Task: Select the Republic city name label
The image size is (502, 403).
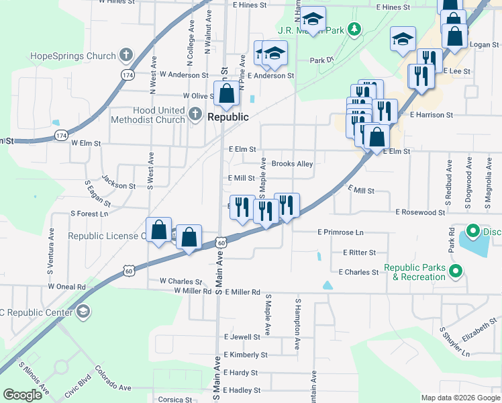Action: pyautogui.click(x=228, y=116)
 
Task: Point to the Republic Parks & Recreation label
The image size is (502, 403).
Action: pyautogui.click(x=415, y=272)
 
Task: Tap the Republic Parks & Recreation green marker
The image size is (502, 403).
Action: pyautogui.click(x=456, y=272)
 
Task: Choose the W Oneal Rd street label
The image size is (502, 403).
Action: pyautogui.click(x=67, y=286)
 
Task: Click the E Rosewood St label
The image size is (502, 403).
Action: pyautogui.click(x=420, y=212)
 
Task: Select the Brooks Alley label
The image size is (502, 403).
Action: pyautogui.click(x=292, y=164)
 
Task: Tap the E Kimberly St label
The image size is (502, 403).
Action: pyautogui.click(x=246, y=354)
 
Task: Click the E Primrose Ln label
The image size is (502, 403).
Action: pyautogui.click(x=340, y=232)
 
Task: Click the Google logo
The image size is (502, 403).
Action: pyautogui.click(x=22, y=395)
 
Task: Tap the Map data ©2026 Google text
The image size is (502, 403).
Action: pyautogui.click(x=460, y=398)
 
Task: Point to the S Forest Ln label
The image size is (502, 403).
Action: pyautogui.click(x=89, y=214)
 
